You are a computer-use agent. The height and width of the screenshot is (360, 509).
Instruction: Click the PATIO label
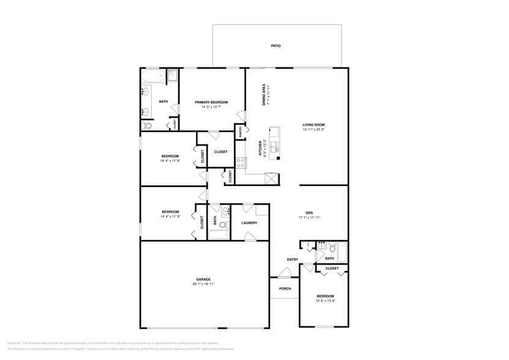[x=276, y=46]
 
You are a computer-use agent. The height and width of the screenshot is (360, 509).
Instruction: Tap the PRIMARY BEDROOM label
[x=211, y=102]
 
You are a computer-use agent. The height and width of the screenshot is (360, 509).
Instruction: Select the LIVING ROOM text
[x=313, y=125]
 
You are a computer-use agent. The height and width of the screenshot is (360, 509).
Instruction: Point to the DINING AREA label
[x=264, y=95]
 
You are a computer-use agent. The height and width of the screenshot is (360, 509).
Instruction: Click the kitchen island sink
[x=275, y=146]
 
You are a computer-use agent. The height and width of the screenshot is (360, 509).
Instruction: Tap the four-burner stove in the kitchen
[x=241, y=163]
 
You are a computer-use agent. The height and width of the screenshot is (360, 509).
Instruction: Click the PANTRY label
[x=240, y=132]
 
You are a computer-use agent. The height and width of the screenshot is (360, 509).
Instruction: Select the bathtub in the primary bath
[x=153, y=77]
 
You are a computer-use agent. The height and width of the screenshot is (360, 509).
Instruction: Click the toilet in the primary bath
[x=147, y=126]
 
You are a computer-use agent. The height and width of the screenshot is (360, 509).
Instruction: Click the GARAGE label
[x=203, y=279]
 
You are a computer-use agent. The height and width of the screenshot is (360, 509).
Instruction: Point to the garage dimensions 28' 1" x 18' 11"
[x=203, y=284]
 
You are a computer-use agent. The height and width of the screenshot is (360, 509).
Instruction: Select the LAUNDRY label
[x=249, y=223]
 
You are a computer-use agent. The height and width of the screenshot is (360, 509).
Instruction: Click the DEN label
[x=309, y=212]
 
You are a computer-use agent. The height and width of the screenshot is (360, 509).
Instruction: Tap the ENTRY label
[x=292, y=260]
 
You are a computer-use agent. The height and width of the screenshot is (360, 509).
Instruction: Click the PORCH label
[x=285, y=288]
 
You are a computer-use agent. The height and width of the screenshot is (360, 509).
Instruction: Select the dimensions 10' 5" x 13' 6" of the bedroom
[x=325, y=301]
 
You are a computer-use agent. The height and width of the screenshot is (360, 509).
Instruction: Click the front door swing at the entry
[x=284, y=272]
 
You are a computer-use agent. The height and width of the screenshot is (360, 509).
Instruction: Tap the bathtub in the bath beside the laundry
[x=219, y=234]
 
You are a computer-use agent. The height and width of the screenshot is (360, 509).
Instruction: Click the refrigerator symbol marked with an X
[x=271, y=179]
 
